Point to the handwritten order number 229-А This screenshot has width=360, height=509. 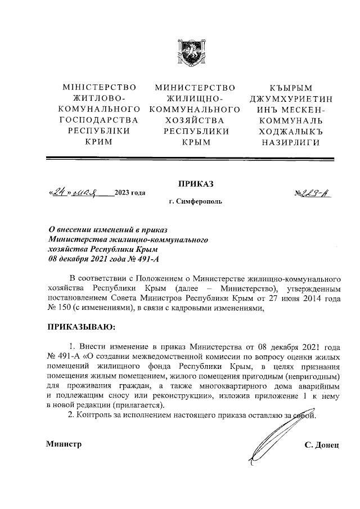[x=313, y=194]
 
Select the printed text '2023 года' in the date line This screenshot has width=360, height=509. [x=130, y=194]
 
